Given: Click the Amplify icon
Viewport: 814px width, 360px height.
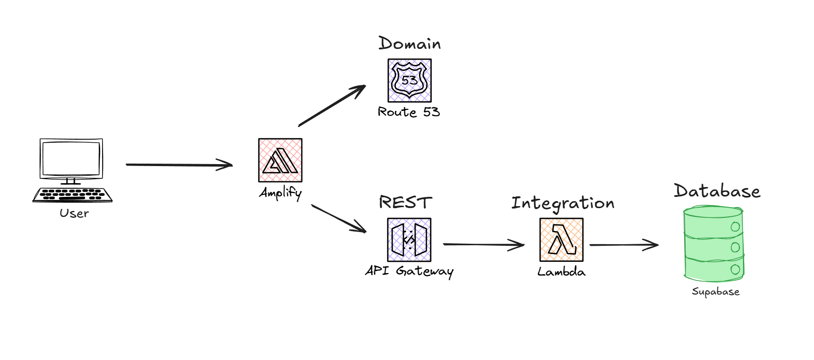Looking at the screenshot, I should tap(280, 160).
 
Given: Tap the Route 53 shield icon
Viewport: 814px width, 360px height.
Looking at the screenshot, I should tap(409, 81).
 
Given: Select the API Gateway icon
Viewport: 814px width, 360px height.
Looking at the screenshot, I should tap(409, 240).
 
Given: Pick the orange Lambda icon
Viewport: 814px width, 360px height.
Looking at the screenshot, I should tap(561, 240).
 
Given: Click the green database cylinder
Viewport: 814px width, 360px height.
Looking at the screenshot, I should tap(713, 244).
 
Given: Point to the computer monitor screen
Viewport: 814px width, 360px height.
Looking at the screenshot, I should tap(71, 159).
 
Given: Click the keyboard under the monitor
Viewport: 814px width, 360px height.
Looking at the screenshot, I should tap(72, 194).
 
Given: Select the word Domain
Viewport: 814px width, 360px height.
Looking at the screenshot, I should tap(409, 44).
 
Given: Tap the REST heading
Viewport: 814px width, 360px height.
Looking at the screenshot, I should tap(405, 202).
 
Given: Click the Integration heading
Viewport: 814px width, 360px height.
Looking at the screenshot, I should tap(563, 203).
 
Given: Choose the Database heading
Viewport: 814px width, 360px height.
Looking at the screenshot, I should tap(717, 191).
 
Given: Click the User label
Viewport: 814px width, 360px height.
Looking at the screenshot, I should tap(74, 213).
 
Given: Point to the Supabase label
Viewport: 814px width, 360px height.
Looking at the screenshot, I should tap(715, 292).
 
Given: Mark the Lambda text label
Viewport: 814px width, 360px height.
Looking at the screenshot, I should tap(561, 272).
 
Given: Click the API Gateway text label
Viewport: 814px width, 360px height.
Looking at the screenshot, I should tap(409, 271).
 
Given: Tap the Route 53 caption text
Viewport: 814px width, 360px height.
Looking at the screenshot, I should tap(409, 112).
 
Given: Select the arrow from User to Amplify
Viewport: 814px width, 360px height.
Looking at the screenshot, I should tap(179, 165).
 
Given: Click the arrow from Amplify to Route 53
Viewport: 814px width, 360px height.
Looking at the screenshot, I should tap(332, 106).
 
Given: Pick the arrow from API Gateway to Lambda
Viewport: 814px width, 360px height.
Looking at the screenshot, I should tap(483, 244).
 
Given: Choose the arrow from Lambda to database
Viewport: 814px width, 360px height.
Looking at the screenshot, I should tap(624, 245).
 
